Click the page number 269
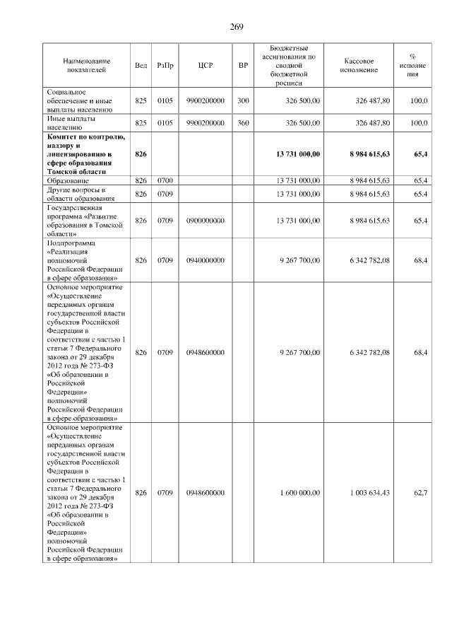coord(236,27)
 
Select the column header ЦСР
coord(206,65)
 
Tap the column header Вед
coord(141,65)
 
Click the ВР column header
coord(243,65)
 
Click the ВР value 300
coord(243,101)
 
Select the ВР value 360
coord(243,122)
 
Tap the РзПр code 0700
coord(165,181)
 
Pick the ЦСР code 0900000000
coord(206,221)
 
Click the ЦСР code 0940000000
coord(206,260)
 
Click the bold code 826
coord(141,153)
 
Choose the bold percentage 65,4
coord(420,153)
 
